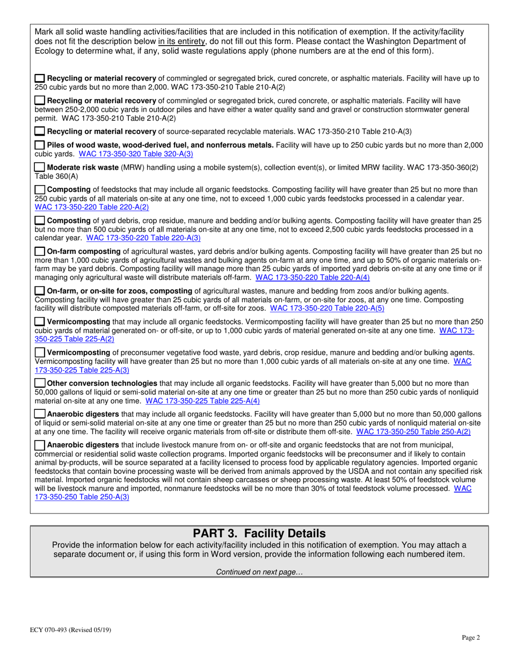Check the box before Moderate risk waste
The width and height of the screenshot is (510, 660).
[x=40, y=167]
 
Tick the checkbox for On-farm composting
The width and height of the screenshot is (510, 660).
[x=40, y=251]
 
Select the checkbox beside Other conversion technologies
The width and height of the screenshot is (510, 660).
[x=40, y=383]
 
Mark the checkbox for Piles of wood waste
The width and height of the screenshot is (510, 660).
[x=40, y=145]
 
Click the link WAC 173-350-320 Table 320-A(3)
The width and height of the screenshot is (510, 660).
[x=136, y=153]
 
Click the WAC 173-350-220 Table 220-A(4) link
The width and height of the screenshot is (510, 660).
[x=312, y=277]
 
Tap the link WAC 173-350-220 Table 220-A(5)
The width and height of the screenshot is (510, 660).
[x=327, y=308]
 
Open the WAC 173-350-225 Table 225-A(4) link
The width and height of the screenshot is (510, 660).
[x=202, y=400]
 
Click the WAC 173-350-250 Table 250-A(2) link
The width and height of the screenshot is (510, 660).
[x=413, y=431]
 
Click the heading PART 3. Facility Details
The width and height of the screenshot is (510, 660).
[x=259, y=534]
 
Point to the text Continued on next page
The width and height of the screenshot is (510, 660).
[x=259, y=572]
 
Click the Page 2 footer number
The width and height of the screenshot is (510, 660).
[x=471, y=637]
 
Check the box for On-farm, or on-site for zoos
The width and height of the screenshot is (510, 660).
[x=40, y=290]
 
